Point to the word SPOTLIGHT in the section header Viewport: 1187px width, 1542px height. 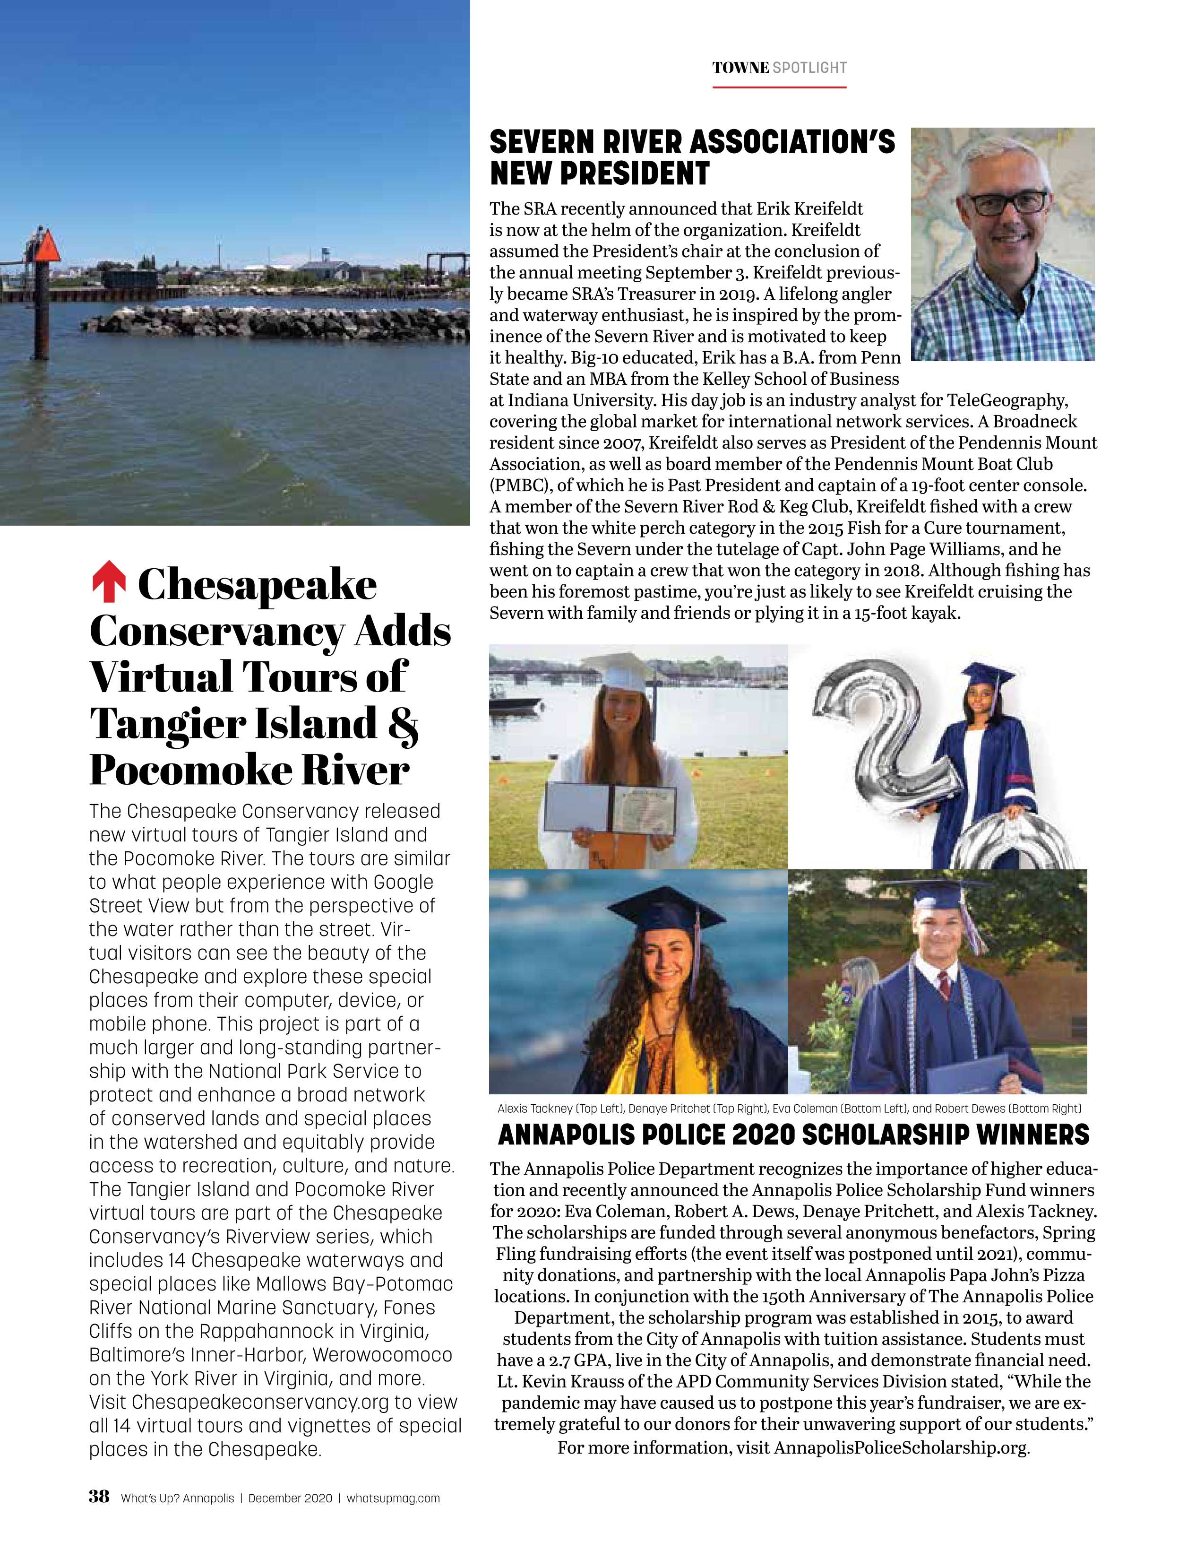pyautogui.click(x=809, y=68)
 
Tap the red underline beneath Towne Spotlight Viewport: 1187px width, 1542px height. pyautogui.click(x=779, y=87)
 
